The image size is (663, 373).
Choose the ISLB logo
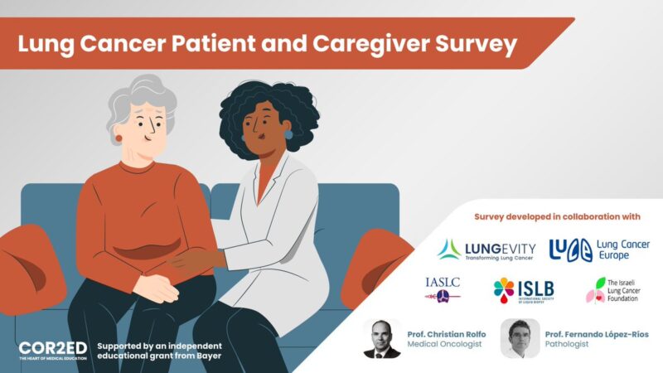click(x=524, y=289)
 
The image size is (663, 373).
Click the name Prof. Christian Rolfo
click(x=447, y=334)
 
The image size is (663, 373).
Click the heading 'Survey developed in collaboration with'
click(x=556, y=217)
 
